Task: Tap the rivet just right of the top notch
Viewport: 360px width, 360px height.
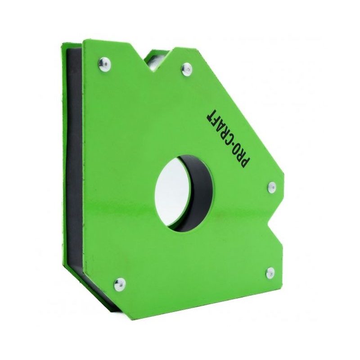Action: click(x=186, y=68)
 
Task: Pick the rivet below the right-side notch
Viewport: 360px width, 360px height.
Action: click(x=270, y=271)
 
